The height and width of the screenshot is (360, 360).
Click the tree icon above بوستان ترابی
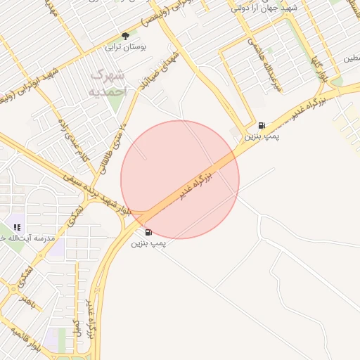(x=126, y=36)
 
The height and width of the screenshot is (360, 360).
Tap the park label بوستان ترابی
(x=125, y=48)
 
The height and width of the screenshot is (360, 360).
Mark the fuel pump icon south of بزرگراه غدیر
(x=148, y=231)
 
